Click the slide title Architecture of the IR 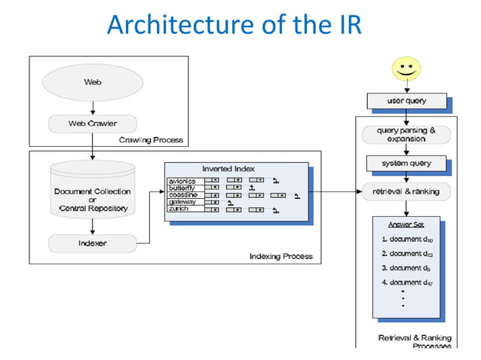tap(234, 25)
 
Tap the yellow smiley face tap(406, 69)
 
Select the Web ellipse tap(92, 81)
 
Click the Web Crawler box tap(93, 122)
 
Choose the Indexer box tap(93, 243)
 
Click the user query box tap(406, 101)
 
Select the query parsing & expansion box tap(406, 135)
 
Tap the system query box tap(406, 163)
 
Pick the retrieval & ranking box tap(406, 192)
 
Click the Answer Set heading tap(405, 224)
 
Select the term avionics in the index tap(183, 181)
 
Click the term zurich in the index tap(179, 209)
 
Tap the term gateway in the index tap(182, 202)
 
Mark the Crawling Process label tap(151, 140)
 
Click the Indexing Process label tap(280, 257)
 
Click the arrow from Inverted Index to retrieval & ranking tap(335, 191)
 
